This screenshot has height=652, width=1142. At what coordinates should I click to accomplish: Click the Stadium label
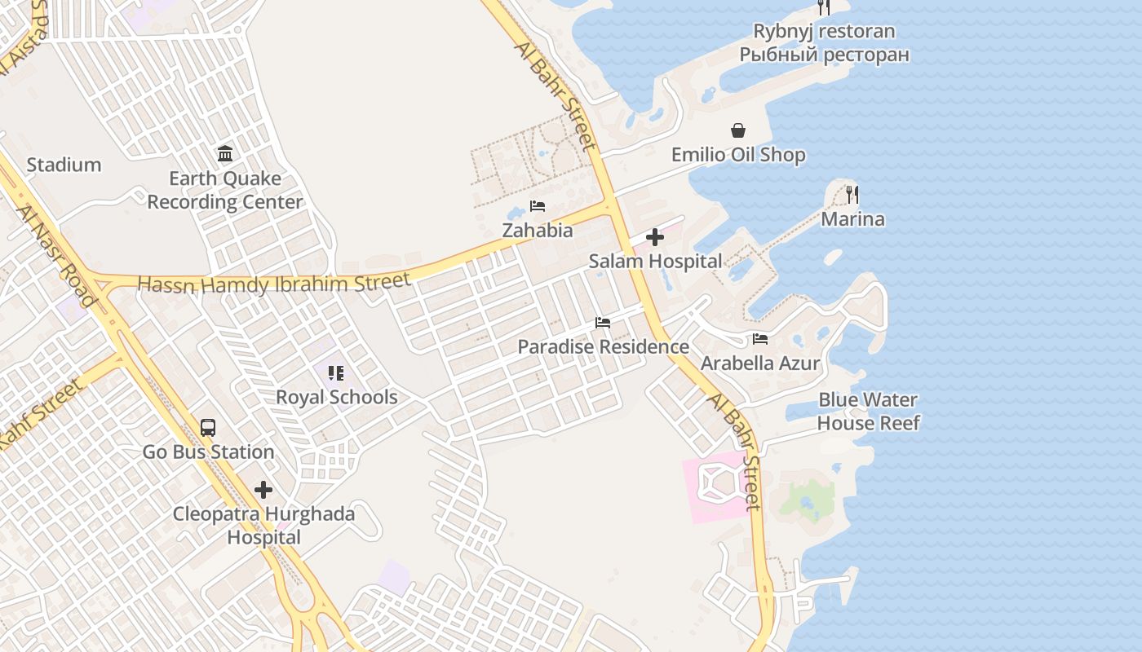64,165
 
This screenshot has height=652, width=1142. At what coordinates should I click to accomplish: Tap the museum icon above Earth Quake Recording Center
225,153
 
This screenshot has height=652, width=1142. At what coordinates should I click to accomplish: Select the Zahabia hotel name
538,231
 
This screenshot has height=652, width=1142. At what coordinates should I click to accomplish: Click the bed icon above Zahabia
538,205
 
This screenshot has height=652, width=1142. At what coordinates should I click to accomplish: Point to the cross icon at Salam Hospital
654,237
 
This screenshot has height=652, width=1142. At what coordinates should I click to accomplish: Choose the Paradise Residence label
604,347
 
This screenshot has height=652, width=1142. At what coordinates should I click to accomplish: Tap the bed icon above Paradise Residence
603,323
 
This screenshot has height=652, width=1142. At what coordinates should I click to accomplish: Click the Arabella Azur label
760,363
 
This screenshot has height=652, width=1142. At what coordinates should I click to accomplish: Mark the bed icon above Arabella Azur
760,339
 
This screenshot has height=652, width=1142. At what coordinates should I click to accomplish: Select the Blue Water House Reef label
868,412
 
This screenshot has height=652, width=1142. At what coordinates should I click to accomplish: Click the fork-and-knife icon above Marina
852,194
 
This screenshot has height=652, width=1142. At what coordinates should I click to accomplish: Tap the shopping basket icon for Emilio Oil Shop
738,130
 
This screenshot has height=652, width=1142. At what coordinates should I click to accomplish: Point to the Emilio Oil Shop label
738,155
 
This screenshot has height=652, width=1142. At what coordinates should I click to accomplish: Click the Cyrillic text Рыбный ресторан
824,55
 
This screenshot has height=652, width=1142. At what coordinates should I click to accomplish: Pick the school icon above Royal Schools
336,373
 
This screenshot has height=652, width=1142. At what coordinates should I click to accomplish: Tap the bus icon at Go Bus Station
208,428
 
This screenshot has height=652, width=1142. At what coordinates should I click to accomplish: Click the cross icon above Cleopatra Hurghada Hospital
263,490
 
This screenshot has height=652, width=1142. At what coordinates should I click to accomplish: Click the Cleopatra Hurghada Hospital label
263,526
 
